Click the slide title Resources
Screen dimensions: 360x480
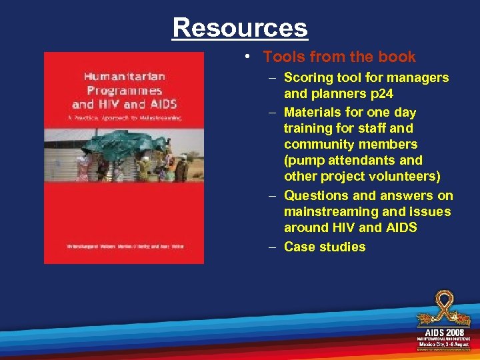(x=240, y=27)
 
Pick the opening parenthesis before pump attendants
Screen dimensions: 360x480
(x=287, y=161)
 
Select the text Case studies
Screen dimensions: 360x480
(x=325, y=247)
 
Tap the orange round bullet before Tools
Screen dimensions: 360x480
(x=247, y=58)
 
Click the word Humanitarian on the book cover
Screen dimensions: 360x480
(x=124, y=75)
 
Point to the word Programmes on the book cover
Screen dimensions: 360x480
(x=124, y=90)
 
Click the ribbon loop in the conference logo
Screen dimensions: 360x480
(x=443, y=303)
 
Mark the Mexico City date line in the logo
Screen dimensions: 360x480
(x=443, y=344)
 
